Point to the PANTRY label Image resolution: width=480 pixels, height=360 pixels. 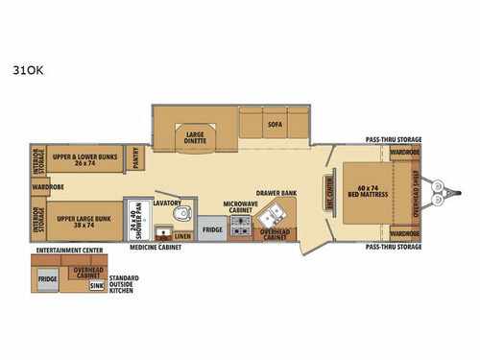135,158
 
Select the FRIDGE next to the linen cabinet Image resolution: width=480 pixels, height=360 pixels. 212,230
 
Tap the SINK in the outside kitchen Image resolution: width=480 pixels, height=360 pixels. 97,285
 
